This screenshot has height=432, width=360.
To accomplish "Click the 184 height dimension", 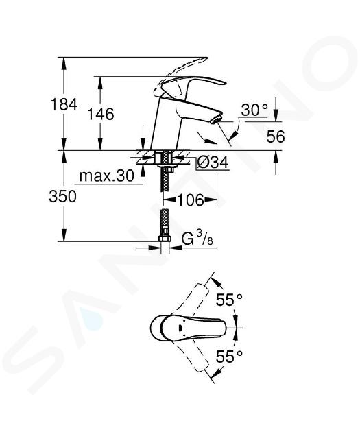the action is (x=64, y=104).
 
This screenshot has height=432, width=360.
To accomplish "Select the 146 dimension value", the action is (x=101, y=114).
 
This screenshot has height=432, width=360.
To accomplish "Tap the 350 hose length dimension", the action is (x=62, y=197).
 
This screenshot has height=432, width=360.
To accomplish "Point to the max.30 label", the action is (x=106, y=176).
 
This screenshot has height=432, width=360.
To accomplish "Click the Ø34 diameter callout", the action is (x=213, y=163).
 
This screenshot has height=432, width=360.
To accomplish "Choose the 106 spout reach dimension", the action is (x=191, y=200).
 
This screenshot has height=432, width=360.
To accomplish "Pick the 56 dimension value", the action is (x=276, y=136).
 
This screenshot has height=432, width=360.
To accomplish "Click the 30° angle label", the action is (x=254, y=110).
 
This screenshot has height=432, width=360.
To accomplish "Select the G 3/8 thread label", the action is (x=197, y=239).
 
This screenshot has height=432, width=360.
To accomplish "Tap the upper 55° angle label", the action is (x=229, y=300).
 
